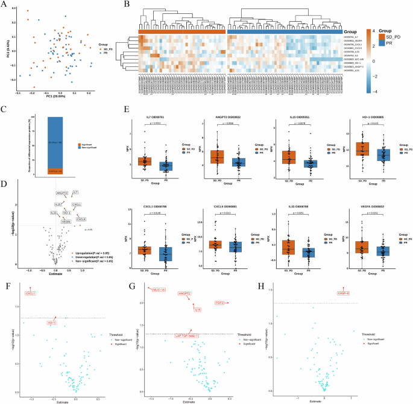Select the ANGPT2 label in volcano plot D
click(x=61, y=193)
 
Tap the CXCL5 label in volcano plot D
click(x=81, y=219)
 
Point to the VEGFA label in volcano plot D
click(x=67, y=221)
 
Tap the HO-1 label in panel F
click(x=51, y=324)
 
